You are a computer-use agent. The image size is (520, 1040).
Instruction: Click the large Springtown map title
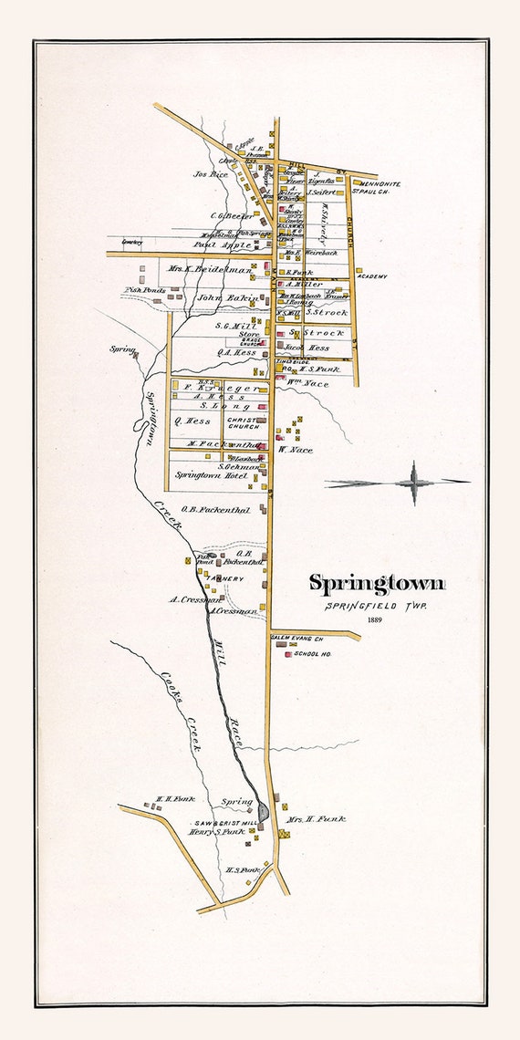click(x=376, y=583)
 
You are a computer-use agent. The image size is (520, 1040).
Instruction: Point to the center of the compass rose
click(x=412, y=482)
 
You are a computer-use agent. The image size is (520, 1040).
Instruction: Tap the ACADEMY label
click(x=372, y=276)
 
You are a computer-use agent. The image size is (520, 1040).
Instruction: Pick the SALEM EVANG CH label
click(x=296, y=638)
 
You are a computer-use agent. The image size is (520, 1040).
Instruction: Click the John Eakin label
click(x=224, y=296)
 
